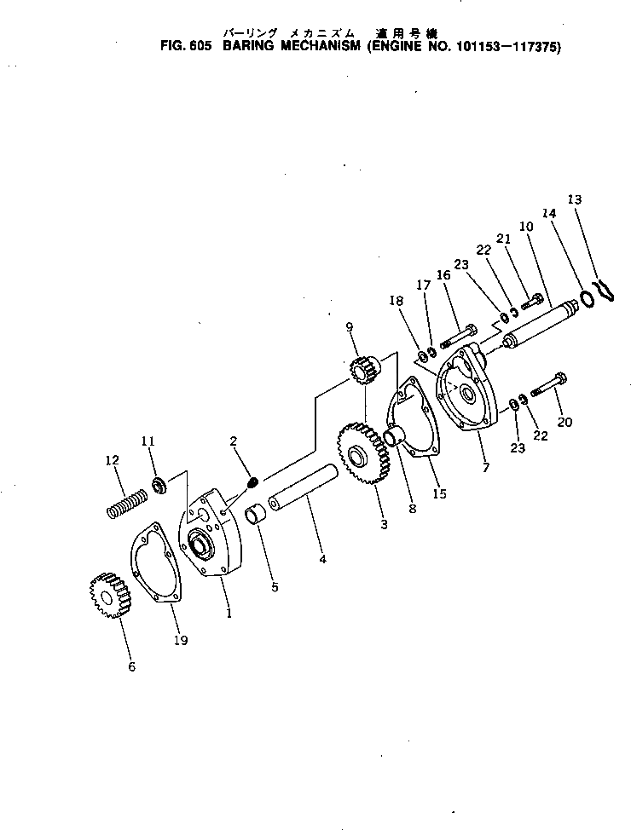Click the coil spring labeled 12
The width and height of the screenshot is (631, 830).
126,503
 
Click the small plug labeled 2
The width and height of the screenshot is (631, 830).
252,483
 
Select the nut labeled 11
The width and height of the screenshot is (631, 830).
158,486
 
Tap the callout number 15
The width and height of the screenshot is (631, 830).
439,493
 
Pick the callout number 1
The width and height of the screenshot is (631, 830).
228,612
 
